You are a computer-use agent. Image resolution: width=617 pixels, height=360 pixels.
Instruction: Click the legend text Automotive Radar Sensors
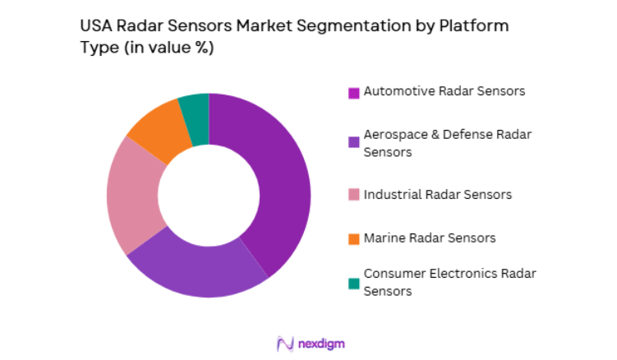pyautogui.click(x=444, y=91)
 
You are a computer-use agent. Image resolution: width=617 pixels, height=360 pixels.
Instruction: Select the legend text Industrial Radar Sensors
pyautogui.click(x=438, y=195)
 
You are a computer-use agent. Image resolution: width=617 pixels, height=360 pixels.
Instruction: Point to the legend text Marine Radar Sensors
pyautogui.click(x=430, y=238)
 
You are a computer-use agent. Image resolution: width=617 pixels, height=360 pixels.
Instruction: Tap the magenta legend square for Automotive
pyautogui.click(x=353, y=92)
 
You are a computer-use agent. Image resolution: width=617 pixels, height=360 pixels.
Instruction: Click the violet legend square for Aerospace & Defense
pyautogui.click(x=353, y=142)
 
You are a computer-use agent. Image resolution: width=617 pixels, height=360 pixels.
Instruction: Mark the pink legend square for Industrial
pyautogui.click(x=353, y=196)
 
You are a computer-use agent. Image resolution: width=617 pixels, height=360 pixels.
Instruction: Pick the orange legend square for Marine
pyautogui.click(x=353, y=239)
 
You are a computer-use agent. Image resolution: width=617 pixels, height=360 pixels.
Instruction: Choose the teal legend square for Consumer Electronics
pyautogui.click(x=353, y=283)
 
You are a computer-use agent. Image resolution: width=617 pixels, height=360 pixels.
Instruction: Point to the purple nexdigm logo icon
pyautogui.click(x=285, y=343)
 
